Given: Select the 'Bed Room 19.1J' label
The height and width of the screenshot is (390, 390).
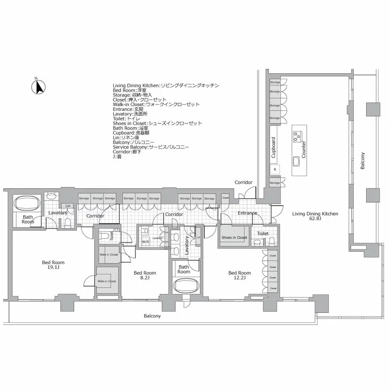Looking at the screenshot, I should point(53,265).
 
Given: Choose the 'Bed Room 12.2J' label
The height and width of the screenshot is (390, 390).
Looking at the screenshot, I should point(239,275).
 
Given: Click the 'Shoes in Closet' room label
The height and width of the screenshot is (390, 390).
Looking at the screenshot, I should point(233,237).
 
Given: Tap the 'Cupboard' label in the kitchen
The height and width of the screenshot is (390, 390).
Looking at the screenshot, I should point(273,147).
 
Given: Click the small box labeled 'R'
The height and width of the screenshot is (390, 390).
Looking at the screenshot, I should point(275,170).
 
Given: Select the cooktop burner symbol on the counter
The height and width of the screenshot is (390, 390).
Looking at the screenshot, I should point(297,137).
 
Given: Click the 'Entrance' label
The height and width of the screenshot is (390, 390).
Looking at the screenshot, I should point(247,213).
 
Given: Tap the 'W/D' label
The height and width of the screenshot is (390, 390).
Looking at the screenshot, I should point(146,242).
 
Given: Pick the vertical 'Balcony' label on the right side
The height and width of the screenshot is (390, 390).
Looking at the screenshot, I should point(363,161).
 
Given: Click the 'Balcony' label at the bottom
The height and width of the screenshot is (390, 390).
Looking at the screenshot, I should point(152,316).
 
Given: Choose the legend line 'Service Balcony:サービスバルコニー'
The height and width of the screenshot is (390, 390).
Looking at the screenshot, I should point(151,147).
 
